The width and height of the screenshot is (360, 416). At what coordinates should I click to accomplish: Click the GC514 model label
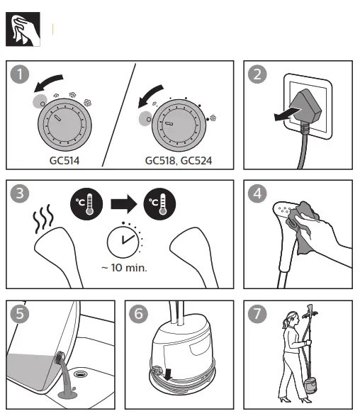[65, 161]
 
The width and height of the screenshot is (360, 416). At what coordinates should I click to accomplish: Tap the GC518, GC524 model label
[178, 161]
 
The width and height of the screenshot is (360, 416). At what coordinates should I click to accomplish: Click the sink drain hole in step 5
[83, 371]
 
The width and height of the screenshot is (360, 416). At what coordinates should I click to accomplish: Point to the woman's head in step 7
[289, 323]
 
